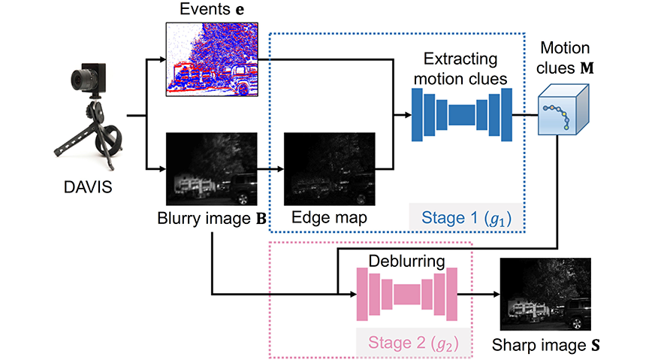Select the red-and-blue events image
[x=211, y=60]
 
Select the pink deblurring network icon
[x=406, y=294]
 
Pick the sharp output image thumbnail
[x=546, y=295]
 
